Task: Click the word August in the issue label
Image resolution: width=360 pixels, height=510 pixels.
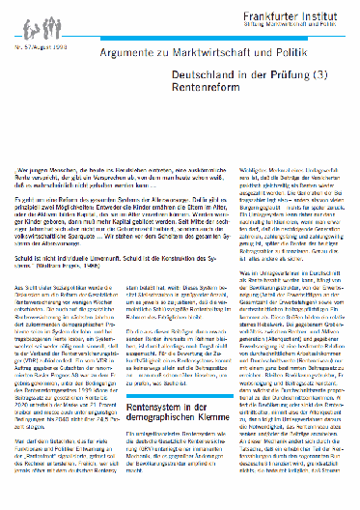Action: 42,44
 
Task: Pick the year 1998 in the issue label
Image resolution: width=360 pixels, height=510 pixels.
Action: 62,44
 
